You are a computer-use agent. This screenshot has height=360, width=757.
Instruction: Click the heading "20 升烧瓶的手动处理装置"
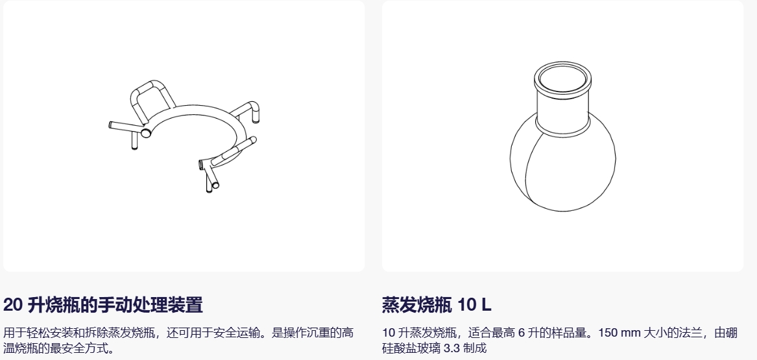point(103,305)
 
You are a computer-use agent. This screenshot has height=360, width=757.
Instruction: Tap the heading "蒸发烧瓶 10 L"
point(437,305)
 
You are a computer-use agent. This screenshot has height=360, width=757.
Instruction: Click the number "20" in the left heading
point(13,305)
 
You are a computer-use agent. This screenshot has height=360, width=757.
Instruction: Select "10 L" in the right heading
point(474,305)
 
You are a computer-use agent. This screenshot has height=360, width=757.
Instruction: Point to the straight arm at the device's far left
point(126,127)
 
